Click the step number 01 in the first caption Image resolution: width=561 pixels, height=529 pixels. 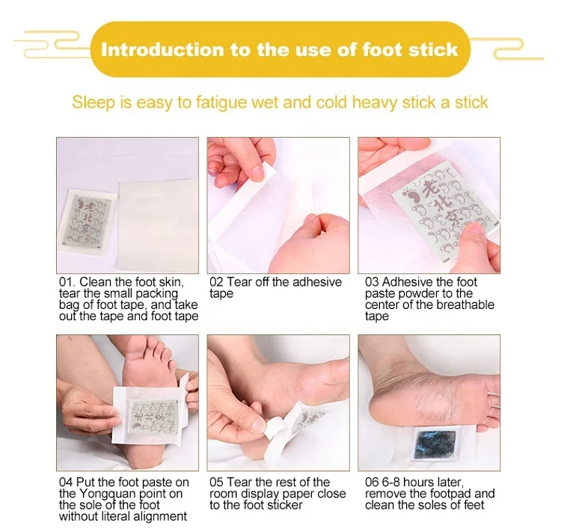[66, 283]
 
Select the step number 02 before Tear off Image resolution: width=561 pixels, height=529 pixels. [216, 283]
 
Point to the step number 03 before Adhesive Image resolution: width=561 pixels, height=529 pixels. [372, 283]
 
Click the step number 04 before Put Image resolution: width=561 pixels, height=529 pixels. [66, 483]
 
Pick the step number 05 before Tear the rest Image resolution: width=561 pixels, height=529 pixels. [216, 483]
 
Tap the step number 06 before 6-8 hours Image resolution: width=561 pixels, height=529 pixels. [372, 483]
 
